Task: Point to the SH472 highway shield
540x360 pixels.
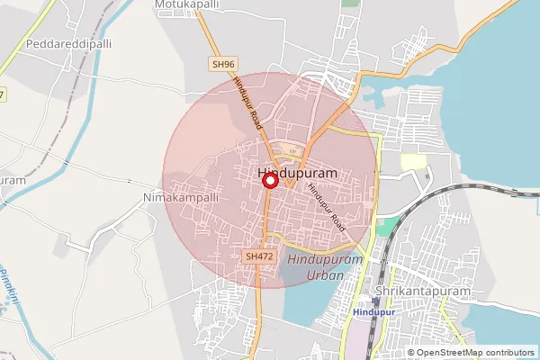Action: [259, 256]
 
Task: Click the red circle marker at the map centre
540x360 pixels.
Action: [269, 180]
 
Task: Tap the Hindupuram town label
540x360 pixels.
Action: [297, 171]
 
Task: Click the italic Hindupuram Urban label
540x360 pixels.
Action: [326, 267]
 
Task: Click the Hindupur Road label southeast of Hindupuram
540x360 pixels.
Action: [326, 203]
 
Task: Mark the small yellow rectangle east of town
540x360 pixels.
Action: [413, 162]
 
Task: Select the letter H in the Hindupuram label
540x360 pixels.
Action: [263, 171]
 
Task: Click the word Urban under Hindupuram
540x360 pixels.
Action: [326, 275]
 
